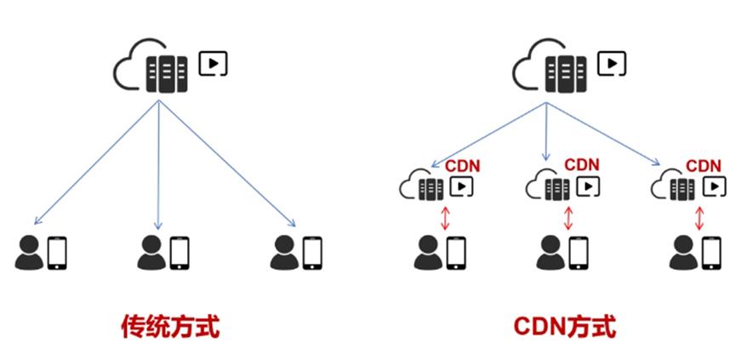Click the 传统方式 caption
click(x=169, y=326)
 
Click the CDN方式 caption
click(x=565, y=326)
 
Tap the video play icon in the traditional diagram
click(x=213, y=63)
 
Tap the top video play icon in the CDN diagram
click(x=612, y=63)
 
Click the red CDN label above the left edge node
click(x=464, y=165)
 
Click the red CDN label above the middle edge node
click(x=582, y=164)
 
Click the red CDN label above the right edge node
click(x=704, y=165)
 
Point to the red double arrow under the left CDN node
click(x=444, y=217)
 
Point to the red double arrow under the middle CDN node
click(x=568, y=217)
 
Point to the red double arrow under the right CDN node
click(x=699, y=217)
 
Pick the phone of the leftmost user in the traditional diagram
click(x=57, y=253)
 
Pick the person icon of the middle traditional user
click(x=151, y=252)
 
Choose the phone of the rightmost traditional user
click(x=312, y=253)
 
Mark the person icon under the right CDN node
click(x=682, y=252)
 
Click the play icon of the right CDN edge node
click(x=716, y=185)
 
